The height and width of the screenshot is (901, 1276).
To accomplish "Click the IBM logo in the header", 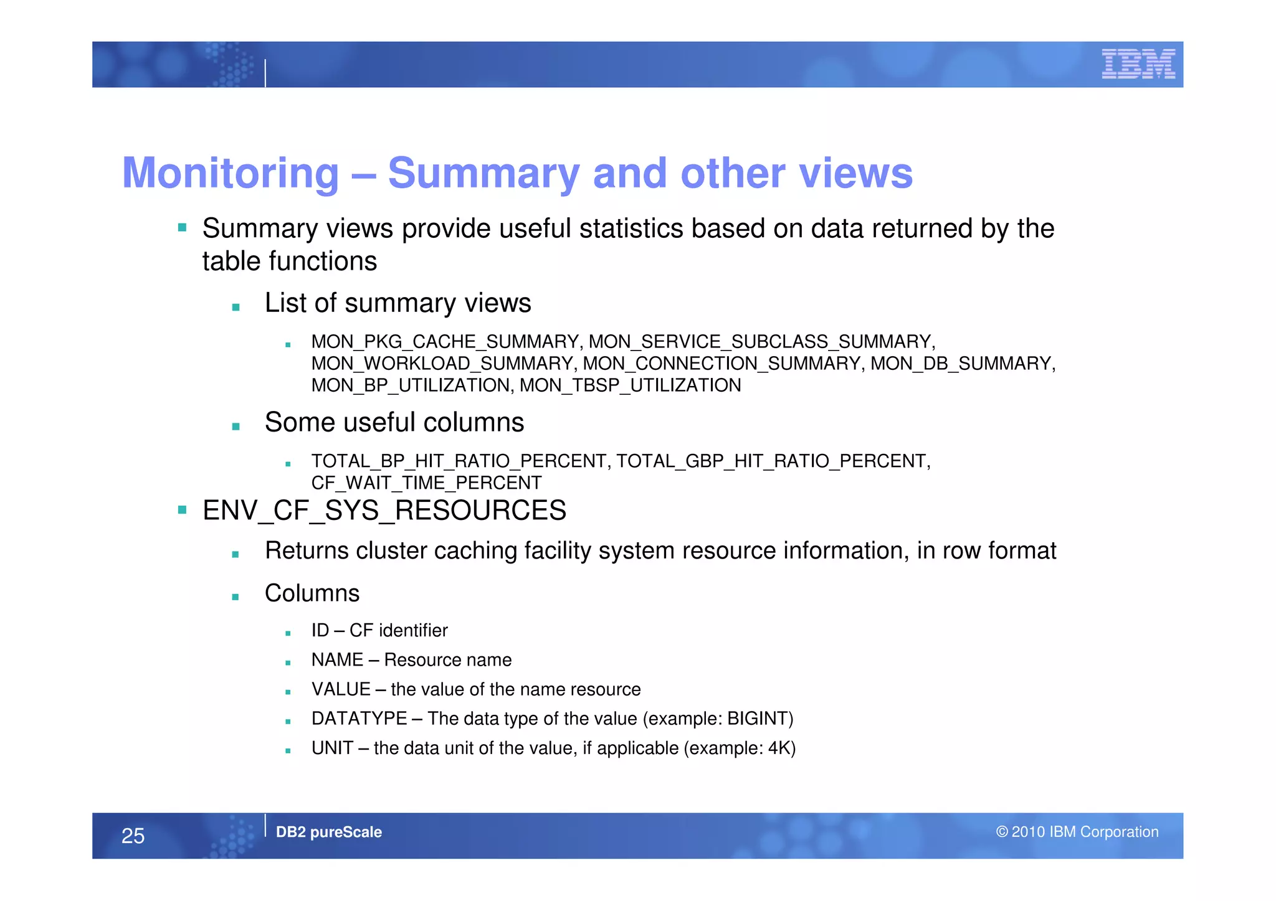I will pos(1138,64).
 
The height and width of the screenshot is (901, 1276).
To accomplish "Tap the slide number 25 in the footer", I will pos(133,836).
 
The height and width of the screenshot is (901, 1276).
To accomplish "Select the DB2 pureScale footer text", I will pos(328,832).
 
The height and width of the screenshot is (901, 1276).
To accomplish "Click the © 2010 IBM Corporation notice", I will pos(1077,832).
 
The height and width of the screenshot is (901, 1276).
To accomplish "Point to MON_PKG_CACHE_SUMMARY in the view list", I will pos(445,342).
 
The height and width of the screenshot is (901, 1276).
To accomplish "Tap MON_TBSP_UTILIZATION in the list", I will pos(630,385).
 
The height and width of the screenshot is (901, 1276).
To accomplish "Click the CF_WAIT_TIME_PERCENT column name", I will pos(426,483).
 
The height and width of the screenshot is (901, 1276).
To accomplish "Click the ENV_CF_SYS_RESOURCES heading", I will pos(384,511).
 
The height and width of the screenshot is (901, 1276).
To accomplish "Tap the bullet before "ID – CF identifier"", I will pos(288,633).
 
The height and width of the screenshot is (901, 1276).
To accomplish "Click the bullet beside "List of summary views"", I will pos(236,307).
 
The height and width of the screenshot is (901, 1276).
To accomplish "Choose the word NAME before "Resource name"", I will pos(337,660).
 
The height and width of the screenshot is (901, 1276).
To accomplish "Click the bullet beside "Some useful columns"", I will pos(236,427).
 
